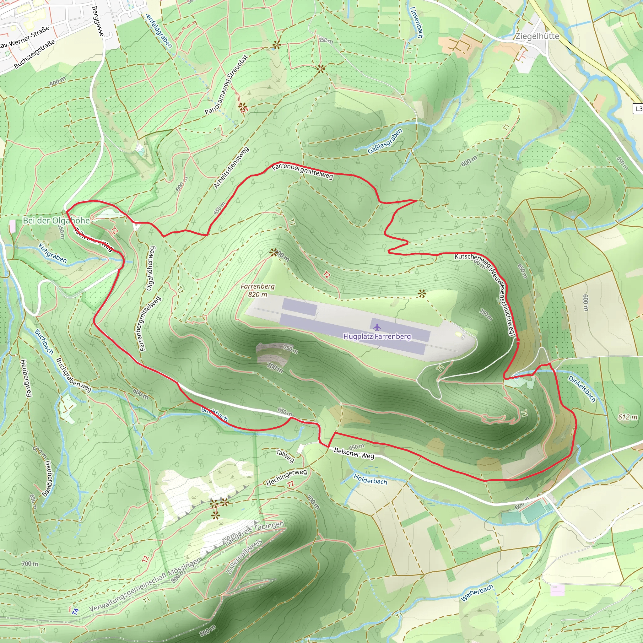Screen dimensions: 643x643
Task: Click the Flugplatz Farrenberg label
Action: click(377, 337)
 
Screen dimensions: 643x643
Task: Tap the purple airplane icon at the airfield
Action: click(377, 327)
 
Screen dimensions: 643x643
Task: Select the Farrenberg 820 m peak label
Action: click(257, 290)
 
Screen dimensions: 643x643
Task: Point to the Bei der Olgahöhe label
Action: click(56, 220)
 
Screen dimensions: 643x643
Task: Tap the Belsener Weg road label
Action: click(354, 453)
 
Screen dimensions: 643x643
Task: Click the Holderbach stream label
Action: click(370, 479)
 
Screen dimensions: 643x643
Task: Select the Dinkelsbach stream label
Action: click(582, 389)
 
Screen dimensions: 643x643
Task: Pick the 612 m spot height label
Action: click(628, 417)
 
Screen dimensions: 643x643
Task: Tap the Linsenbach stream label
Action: click(416, 23)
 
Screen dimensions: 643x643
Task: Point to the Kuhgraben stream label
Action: click(52, 253)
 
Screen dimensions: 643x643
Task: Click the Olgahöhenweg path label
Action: click(150, 268)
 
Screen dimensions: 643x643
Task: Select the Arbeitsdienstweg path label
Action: click(231, 168)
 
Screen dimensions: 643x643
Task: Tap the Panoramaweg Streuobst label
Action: click(226, 85)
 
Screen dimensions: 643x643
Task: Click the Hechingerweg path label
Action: click(286, 477)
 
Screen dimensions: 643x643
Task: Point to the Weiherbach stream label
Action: click(477, 593)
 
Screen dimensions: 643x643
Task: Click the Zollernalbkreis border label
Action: click(244, 556)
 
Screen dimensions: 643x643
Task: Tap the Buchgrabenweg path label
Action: click(73, 375)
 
